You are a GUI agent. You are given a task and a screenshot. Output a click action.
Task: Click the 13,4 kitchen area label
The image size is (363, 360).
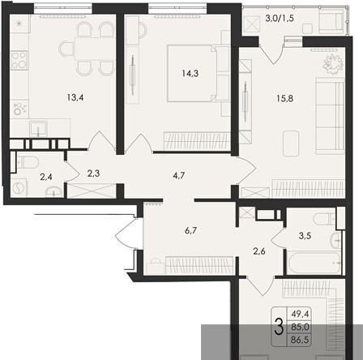coord(75,97)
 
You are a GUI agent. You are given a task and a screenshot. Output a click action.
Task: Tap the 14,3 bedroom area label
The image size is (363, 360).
coord(190,73)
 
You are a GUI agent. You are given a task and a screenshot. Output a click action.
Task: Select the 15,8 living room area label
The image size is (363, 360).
coord(285,98)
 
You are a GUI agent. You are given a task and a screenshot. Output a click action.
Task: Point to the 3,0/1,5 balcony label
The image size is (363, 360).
coord(279,19)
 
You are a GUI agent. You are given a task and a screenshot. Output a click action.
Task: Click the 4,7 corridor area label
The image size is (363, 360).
coord(179,176)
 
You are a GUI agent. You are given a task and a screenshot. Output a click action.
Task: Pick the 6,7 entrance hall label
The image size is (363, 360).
coord(190,230)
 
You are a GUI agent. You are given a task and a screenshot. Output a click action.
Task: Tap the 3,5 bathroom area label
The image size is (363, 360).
coord(305,236)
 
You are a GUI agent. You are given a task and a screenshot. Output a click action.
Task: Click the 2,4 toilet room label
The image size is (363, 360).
coord(46,178)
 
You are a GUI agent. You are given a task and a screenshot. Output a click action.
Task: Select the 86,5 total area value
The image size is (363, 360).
coord(300,340)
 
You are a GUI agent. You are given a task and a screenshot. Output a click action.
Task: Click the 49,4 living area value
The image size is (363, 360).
coord(300,314)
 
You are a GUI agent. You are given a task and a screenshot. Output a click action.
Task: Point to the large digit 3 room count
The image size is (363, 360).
coord(279,327)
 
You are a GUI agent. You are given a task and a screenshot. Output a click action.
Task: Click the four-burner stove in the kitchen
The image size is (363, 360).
coord(19,61)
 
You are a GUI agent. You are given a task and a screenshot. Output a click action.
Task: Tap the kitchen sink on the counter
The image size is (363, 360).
coord(39,128)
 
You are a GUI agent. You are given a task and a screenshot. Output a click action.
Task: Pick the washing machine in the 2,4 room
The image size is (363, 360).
coord(19,187)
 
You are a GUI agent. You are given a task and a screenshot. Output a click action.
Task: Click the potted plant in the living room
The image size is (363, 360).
coord(334,64)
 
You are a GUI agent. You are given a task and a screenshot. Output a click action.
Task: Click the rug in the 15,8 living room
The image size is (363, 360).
coord(291,144)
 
